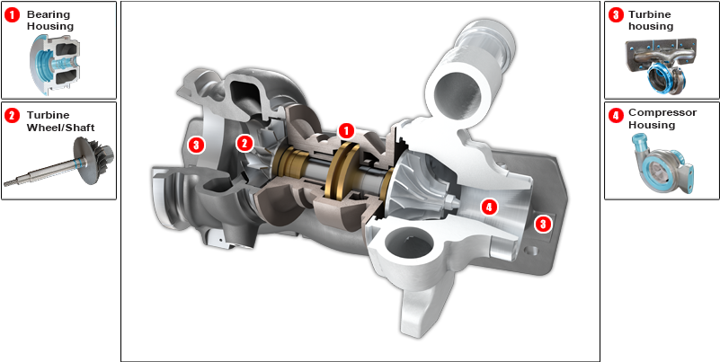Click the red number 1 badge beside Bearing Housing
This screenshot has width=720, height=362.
[13, 15]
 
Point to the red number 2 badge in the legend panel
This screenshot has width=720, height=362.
[13, 115]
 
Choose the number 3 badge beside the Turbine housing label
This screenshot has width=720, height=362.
[616, 15]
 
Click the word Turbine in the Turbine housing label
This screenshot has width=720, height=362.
[649, 15]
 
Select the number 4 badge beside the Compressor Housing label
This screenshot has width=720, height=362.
[616, 115]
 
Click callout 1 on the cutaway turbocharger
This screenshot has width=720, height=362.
[346, 131]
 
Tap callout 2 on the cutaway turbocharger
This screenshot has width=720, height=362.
[244, 143]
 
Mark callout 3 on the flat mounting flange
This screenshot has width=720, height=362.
[542, 224]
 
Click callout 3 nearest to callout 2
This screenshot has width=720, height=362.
[196, 144]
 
